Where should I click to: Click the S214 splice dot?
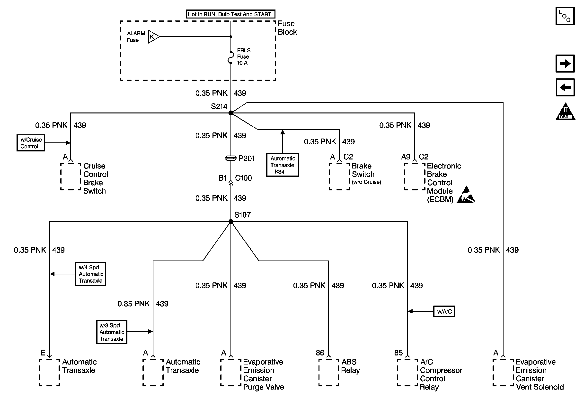coord(231,113)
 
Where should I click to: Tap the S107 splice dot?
coord(231,222)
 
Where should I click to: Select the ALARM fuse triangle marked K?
coord(153,37)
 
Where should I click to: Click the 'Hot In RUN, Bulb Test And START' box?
coord(230,14)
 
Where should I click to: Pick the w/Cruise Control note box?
coord(31,143)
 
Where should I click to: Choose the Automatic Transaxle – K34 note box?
coord(283,165)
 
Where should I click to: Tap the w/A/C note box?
coord(444,311)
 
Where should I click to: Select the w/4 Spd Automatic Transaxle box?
coord(90,274)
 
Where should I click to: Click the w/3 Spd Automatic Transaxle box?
coord(112,332)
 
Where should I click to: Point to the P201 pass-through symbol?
coord(230,158)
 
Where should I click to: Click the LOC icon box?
coord(565,16)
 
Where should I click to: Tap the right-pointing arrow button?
coord(565,63)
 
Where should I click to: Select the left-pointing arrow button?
coord(565,87)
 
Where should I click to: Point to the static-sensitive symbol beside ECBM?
coord(466,195)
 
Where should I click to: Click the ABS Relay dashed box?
coord(329,372)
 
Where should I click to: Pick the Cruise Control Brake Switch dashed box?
coord(71,177)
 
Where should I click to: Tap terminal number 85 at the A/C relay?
coord(398,353)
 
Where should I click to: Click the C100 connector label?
coord(243,178)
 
